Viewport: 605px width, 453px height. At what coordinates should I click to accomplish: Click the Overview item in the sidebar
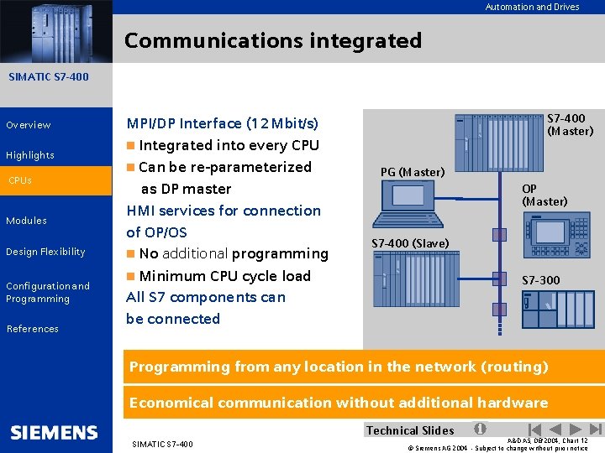coord(29,125)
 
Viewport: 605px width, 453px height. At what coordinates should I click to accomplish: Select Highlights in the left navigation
coord(30,155)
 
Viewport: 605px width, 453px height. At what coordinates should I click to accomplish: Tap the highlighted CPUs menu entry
coord(21,180)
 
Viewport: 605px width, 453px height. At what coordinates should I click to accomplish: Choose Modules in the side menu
coord(26,221)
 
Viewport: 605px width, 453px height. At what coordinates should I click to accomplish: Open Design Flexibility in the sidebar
coord(45,252)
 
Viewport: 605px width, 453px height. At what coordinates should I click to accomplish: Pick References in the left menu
coord(32,329)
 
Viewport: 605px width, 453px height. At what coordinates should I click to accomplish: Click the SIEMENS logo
coord(55,433)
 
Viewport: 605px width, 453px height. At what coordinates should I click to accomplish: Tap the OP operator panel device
coord(557,235)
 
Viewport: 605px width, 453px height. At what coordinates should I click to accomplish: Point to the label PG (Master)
coord(412,172)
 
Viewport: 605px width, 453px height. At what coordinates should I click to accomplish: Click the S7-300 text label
coord(540,280)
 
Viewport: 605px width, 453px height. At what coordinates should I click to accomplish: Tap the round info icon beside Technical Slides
coord(479,429)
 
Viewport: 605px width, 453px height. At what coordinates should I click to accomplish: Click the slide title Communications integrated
coord(273,40)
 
